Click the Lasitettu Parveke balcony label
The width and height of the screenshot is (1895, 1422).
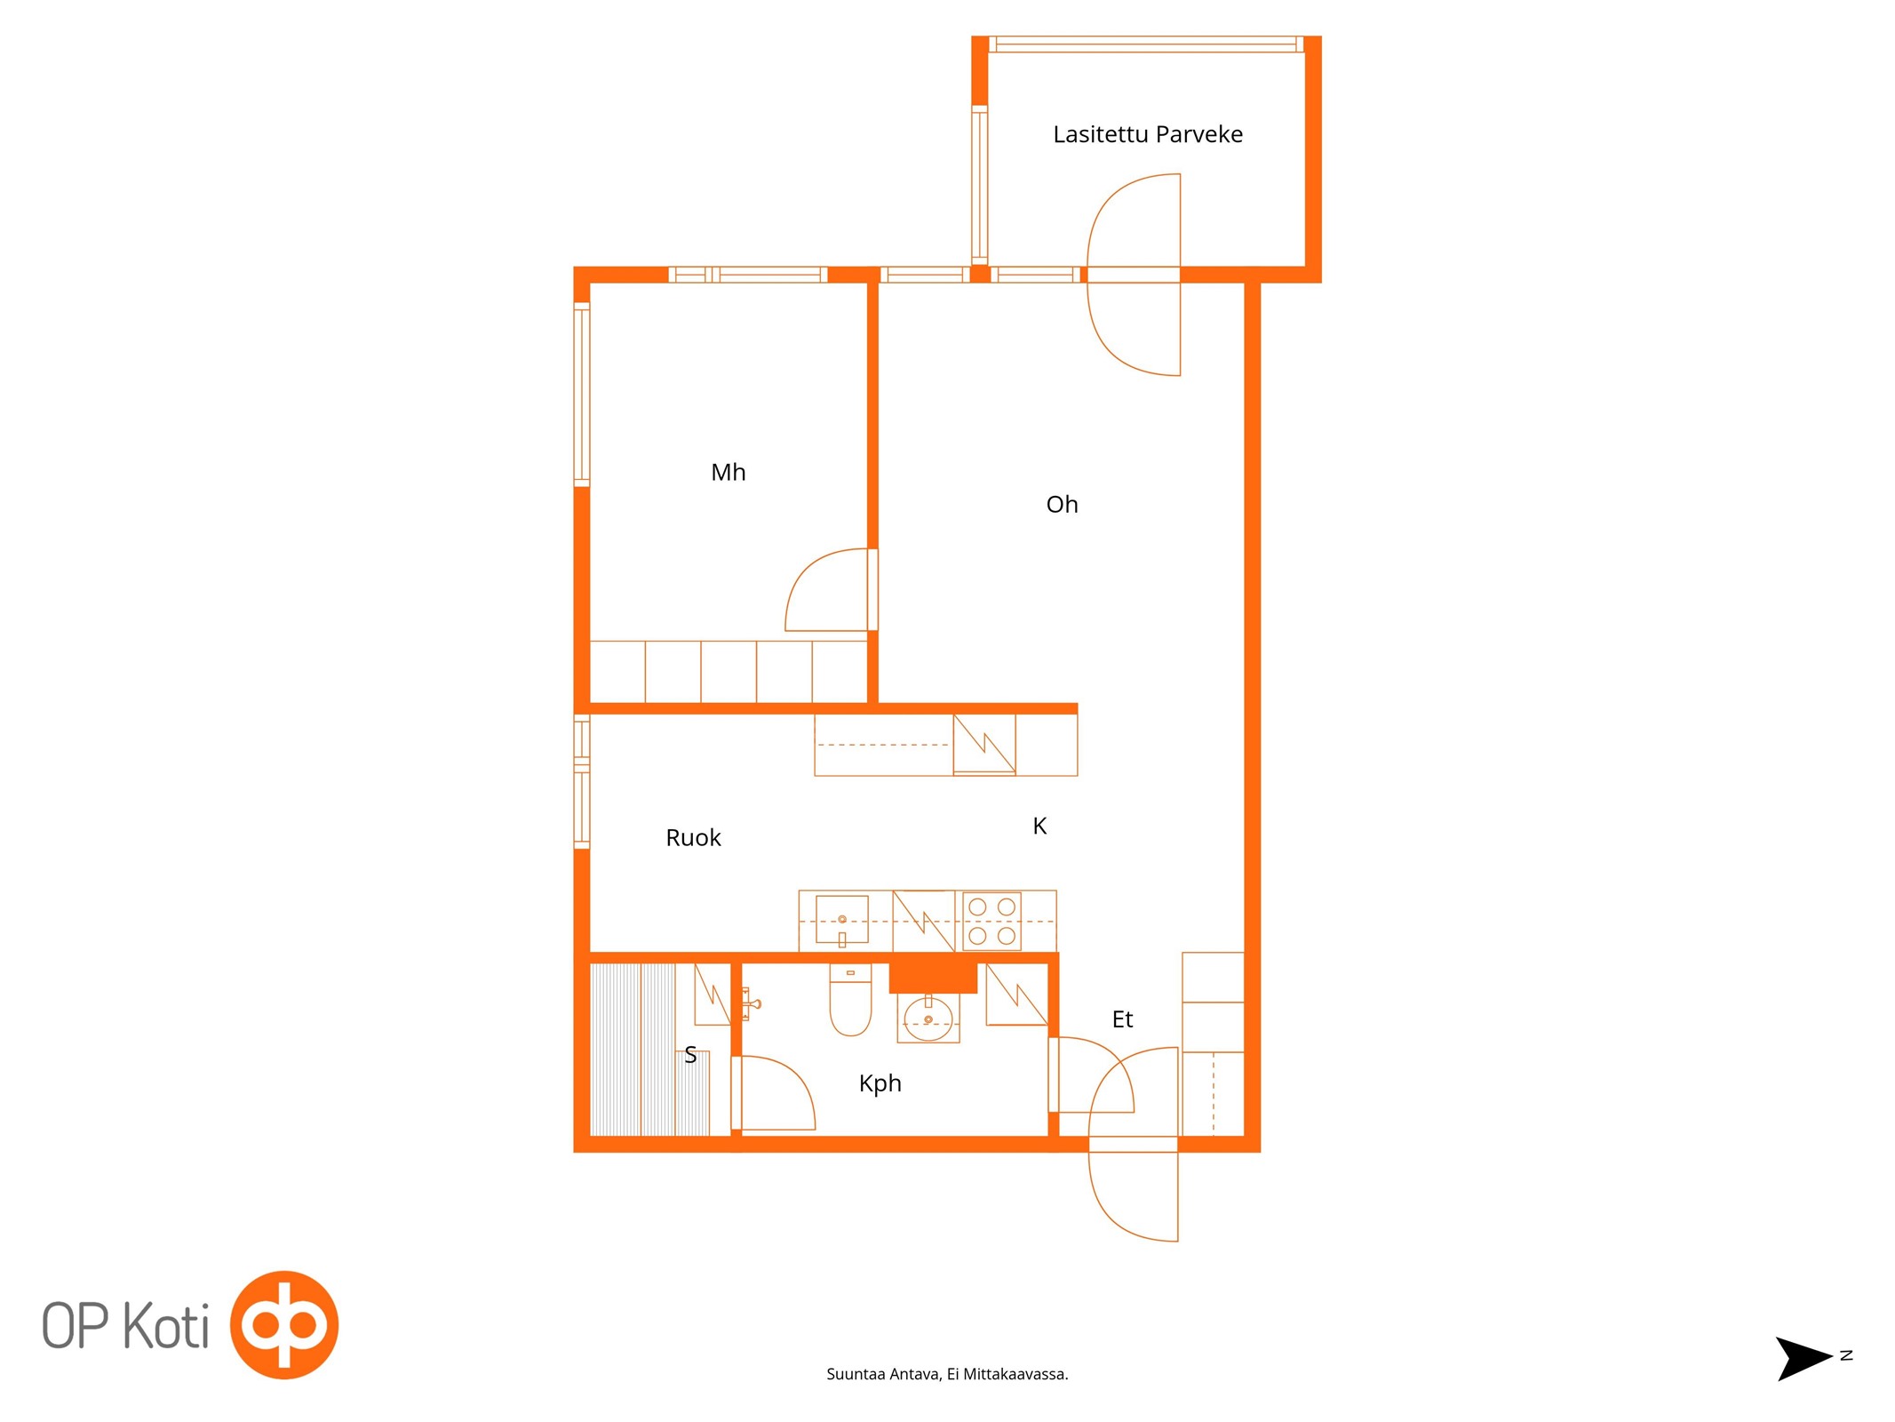pos(1147,134)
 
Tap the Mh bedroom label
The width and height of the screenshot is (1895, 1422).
pos(728,472)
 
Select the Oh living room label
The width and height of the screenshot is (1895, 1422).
pos(1062,504)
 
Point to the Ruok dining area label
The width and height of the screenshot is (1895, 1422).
pos(693,837)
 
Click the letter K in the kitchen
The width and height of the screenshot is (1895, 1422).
pos(1039,826)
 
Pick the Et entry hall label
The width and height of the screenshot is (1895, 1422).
pos(1122,1019)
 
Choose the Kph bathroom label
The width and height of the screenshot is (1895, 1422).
pos(880,1083)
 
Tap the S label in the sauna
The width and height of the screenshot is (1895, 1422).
pos(690,1055)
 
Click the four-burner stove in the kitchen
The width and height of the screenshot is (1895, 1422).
pos(991,922)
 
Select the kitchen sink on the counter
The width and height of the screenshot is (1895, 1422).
pos(841,920)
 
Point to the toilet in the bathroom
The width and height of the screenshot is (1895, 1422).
pos(850,1000)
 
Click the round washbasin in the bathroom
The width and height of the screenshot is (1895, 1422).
pos(928,1018)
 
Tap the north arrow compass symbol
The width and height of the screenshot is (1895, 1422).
pos(1803,1358)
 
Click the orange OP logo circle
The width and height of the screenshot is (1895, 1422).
pos(284,1325)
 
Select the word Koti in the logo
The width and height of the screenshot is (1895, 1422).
pos(165,1326)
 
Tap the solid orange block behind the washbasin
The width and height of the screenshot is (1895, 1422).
pos(933,978)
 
